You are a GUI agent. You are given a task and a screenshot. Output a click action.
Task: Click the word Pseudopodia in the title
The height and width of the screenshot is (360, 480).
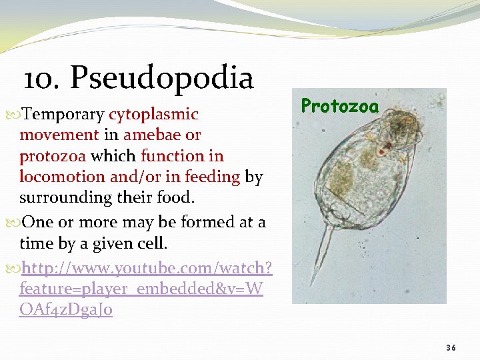pyautogui.click(x=162, y=78)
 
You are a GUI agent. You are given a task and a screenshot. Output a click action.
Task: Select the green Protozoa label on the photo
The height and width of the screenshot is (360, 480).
pyautogui.click(x=339, y=105)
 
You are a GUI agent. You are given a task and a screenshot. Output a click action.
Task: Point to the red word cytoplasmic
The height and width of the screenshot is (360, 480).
pyautogui.click(x=153, y=114)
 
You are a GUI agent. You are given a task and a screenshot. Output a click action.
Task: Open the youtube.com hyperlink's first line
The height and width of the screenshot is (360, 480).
pyautogui.click(x=147, y=268)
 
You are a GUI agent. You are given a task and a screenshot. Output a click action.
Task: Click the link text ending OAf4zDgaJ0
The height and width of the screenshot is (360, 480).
pyautogui.click(x=66, y=310)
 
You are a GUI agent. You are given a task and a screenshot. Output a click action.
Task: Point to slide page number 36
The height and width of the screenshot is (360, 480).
pyautogui.click(x=451, y=347)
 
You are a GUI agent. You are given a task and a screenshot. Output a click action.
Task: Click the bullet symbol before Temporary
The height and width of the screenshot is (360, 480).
pyautogui.click(x=15, y=115)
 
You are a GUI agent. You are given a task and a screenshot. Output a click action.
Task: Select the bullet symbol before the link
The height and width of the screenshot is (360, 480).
pyautogui.click(x=15, y=269)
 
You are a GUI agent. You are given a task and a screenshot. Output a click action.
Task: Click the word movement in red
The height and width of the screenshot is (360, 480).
pyautogui.click(x=59, y=135)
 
